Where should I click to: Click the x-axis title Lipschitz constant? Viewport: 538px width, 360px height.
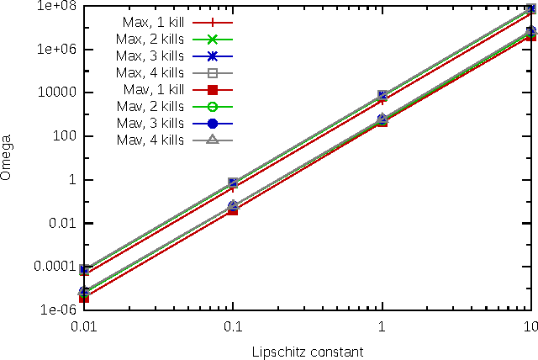tap(307, 349)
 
